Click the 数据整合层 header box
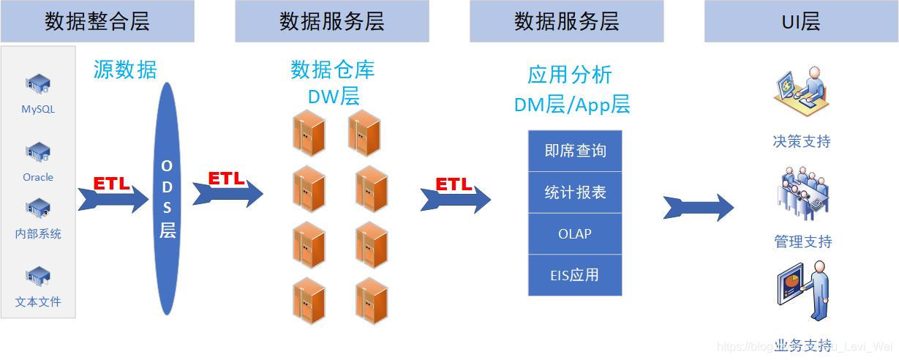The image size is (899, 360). click(x=97, y=21)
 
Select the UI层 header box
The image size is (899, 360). click(x=801, y=21)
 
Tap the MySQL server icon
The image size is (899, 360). click(x=38, y=85)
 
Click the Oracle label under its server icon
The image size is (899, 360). click(x=38, y=177)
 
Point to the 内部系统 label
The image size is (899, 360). click(x=38, y=234)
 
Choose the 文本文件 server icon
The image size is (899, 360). click(x=38, y=277)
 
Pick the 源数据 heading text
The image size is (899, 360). click(x=125, y=70)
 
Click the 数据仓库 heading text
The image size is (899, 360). click(x=333, y=70)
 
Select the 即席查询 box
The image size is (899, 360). click(x=575, y=151)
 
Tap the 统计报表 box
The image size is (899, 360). click(x=575, y=192)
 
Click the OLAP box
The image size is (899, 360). click(x=575, y=234)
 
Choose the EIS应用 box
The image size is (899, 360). click(x=575, y=275)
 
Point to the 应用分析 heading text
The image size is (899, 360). click(x=570, y=75)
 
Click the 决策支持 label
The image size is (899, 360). click(x=802, y=141)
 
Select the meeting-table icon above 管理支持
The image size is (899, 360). click(x=802, y=194)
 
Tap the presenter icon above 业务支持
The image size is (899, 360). click(x=802, y=293)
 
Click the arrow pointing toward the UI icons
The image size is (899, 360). click(x=699, y=208)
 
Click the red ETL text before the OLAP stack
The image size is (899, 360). click(x=454, y=184)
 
